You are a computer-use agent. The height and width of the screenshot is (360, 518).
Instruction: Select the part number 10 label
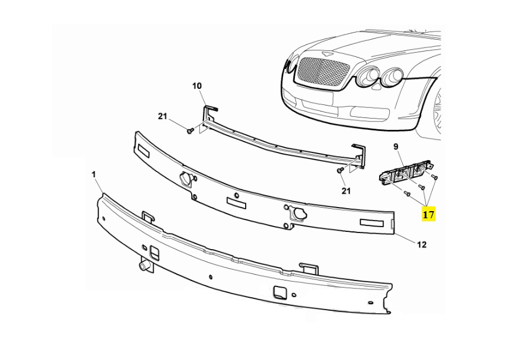pos(197,86)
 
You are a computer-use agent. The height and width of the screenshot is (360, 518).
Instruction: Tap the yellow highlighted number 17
pos(428,214)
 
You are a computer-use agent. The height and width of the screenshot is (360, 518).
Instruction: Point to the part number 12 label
pos(421,244)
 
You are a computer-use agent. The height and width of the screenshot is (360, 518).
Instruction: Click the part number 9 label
pos(396,146)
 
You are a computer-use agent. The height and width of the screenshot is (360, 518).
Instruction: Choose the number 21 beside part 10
pos(163,116)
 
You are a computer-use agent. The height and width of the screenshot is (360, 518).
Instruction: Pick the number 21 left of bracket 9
pos(346,190)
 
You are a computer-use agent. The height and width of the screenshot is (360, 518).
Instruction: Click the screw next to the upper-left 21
pos(189,130)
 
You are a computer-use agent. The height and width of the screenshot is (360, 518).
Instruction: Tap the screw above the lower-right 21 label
pos(340,171)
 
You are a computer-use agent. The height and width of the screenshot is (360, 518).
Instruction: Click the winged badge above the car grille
pos(324,54)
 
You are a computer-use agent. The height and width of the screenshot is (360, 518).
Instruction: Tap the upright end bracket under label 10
pos(209,116)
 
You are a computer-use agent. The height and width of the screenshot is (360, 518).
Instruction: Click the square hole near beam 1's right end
pos(279,292)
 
